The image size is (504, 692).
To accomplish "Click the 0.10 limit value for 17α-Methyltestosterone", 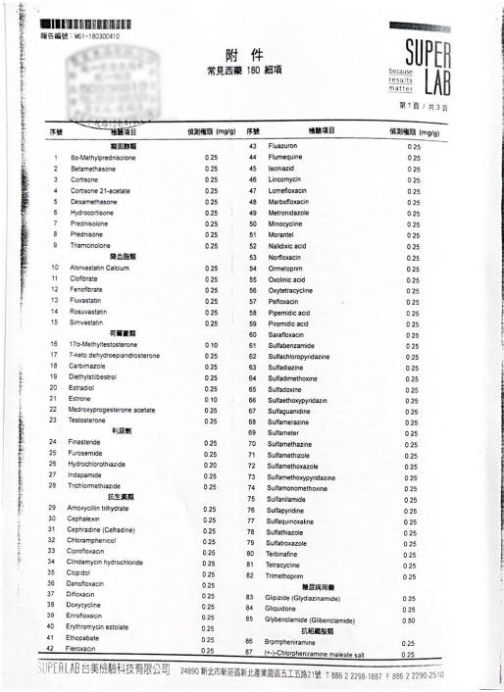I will click(211, 344).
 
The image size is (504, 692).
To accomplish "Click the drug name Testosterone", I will click(86, 420).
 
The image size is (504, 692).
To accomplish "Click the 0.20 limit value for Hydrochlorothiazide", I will click(211, 464).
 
